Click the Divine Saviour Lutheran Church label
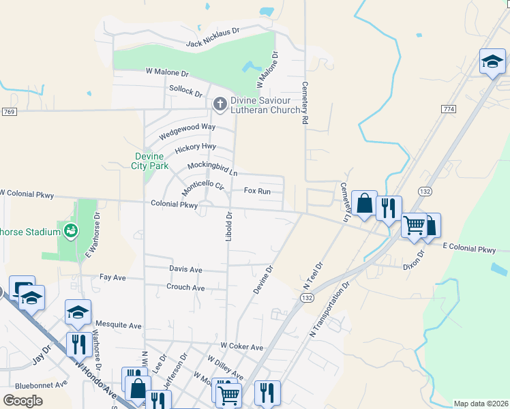pos(265,105)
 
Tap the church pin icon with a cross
pos(220,104)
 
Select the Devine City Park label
pos(150,161)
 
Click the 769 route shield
pos(9,112)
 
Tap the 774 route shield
pos(448,109)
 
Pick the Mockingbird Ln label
pos(212,168)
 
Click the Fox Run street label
pos(257,192)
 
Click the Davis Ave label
pos(186,269)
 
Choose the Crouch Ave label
pos(185,288)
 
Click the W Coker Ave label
pos(241,347)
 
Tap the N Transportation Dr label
pos(333,307)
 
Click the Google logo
pos(23,400)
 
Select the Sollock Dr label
pos(186,91)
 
